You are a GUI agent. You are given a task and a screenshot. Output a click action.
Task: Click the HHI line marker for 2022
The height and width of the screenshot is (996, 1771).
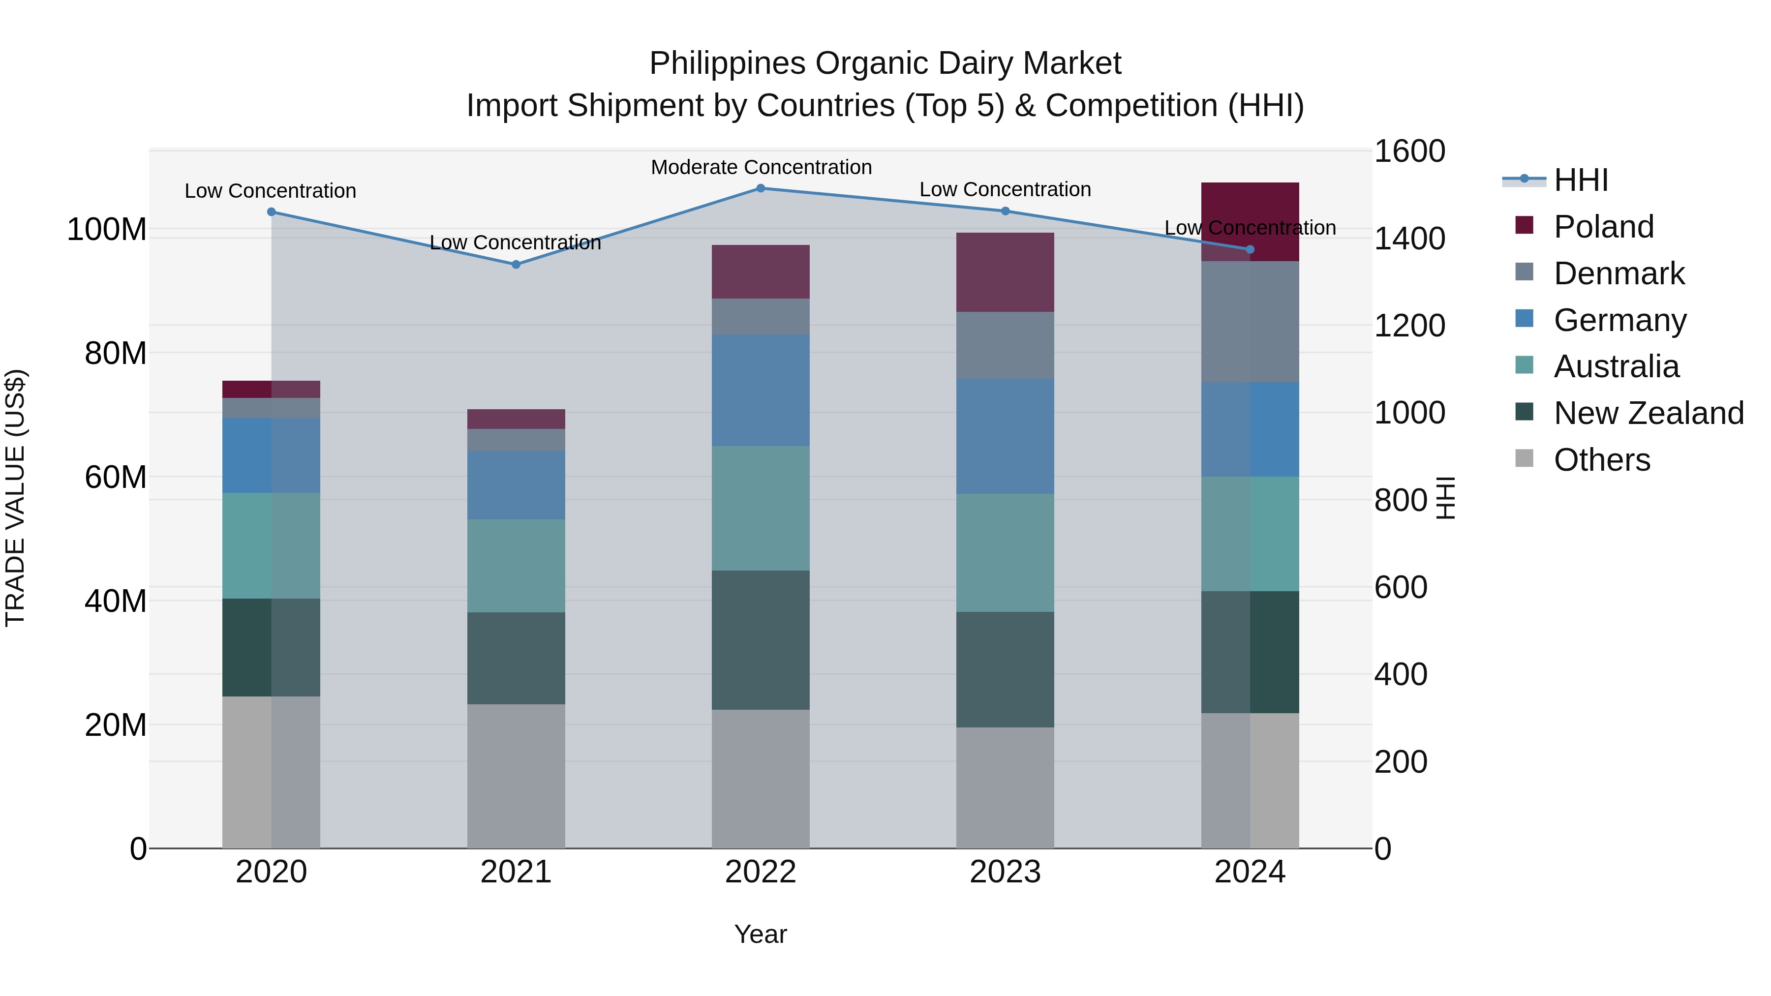761,188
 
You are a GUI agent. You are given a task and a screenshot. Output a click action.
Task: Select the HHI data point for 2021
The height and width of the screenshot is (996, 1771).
516,264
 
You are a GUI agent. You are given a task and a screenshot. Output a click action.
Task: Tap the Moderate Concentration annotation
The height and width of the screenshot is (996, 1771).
761,167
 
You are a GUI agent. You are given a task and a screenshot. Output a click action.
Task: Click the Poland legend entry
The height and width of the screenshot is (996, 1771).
1603,226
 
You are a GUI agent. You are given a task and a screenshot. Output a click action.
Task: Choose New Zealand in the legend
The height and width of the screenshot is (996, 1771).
1648,413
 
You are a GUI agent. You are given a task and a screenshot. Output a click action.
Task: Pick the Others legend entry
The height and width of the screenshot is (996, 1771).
1601,460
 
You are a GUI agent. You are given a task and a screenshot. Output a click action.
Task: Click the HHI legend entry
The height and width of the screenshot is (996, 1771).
1581,180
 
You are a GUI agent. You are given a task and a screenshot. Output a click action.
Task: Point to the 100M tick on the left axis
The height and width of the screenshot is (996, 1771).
107,230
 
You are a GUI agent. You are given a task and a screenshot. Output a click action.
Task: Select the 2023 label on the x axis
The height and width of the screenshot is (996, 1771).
1005,872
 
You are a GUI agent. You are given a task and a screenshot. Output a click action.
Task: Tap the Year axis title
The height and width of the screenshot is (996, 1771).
761,934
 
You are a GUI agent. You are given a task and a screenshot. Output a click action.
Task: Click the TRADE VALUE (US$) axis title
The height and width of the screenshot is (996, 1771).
15,498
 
